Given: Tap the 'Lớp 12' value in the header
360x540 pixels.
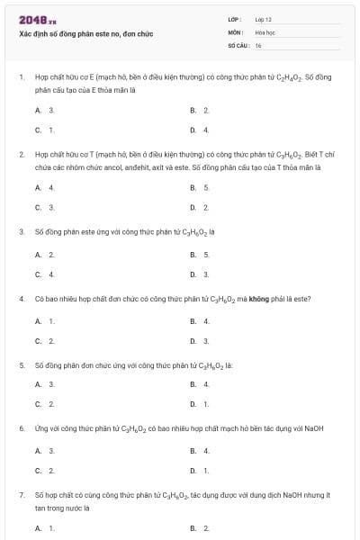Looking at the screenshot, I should click(x=263, y=19).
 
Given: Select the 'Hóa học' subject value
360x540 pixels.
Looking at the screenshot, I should click(x=265, y=31).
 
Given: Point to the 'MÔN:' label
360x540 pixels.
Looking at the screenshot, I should click(x=236, y=31).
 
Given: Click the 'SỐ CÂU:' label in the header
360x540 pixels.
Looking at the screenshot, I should click(x=238, y=44).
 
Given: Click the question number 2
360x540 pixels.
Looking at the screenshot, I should click(x=21, y=155).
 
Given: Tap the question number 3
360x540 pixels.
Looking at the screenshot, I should click(x=21, y=231).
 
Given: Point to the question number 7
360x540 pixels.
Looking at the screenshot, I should click(x=21, y=495).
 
